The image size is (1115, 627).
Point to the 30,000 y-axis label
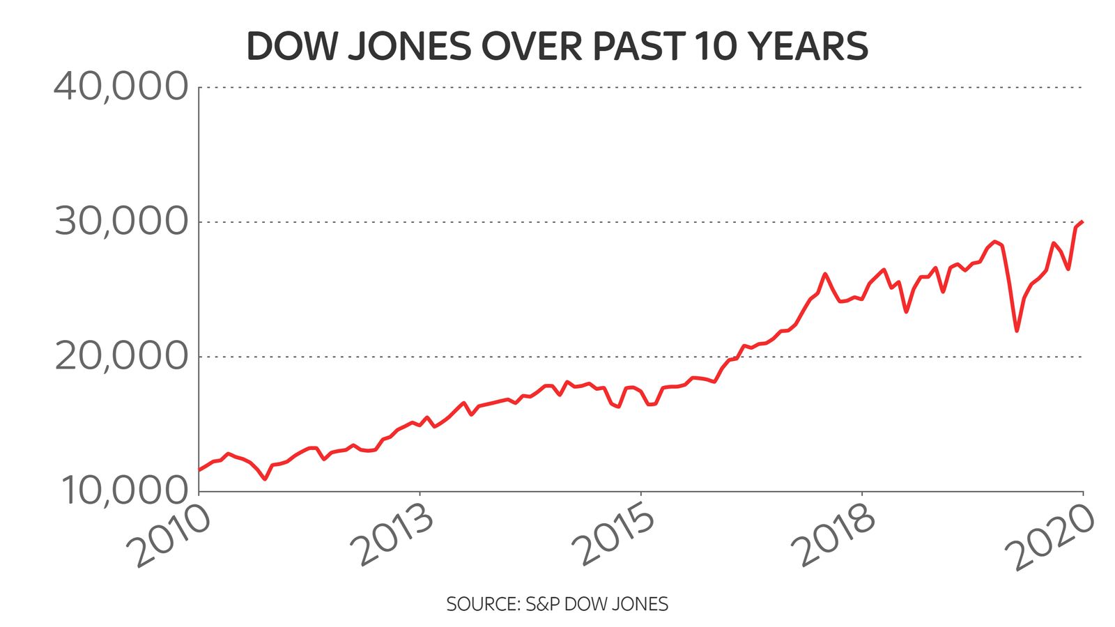(121, 222)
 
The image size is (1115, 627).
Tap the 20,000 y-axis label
(121, 356)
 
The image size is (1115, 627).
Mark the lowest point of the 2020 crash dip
(1017, 331)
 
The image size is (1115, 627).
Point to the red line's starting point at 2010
(199, 470)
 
